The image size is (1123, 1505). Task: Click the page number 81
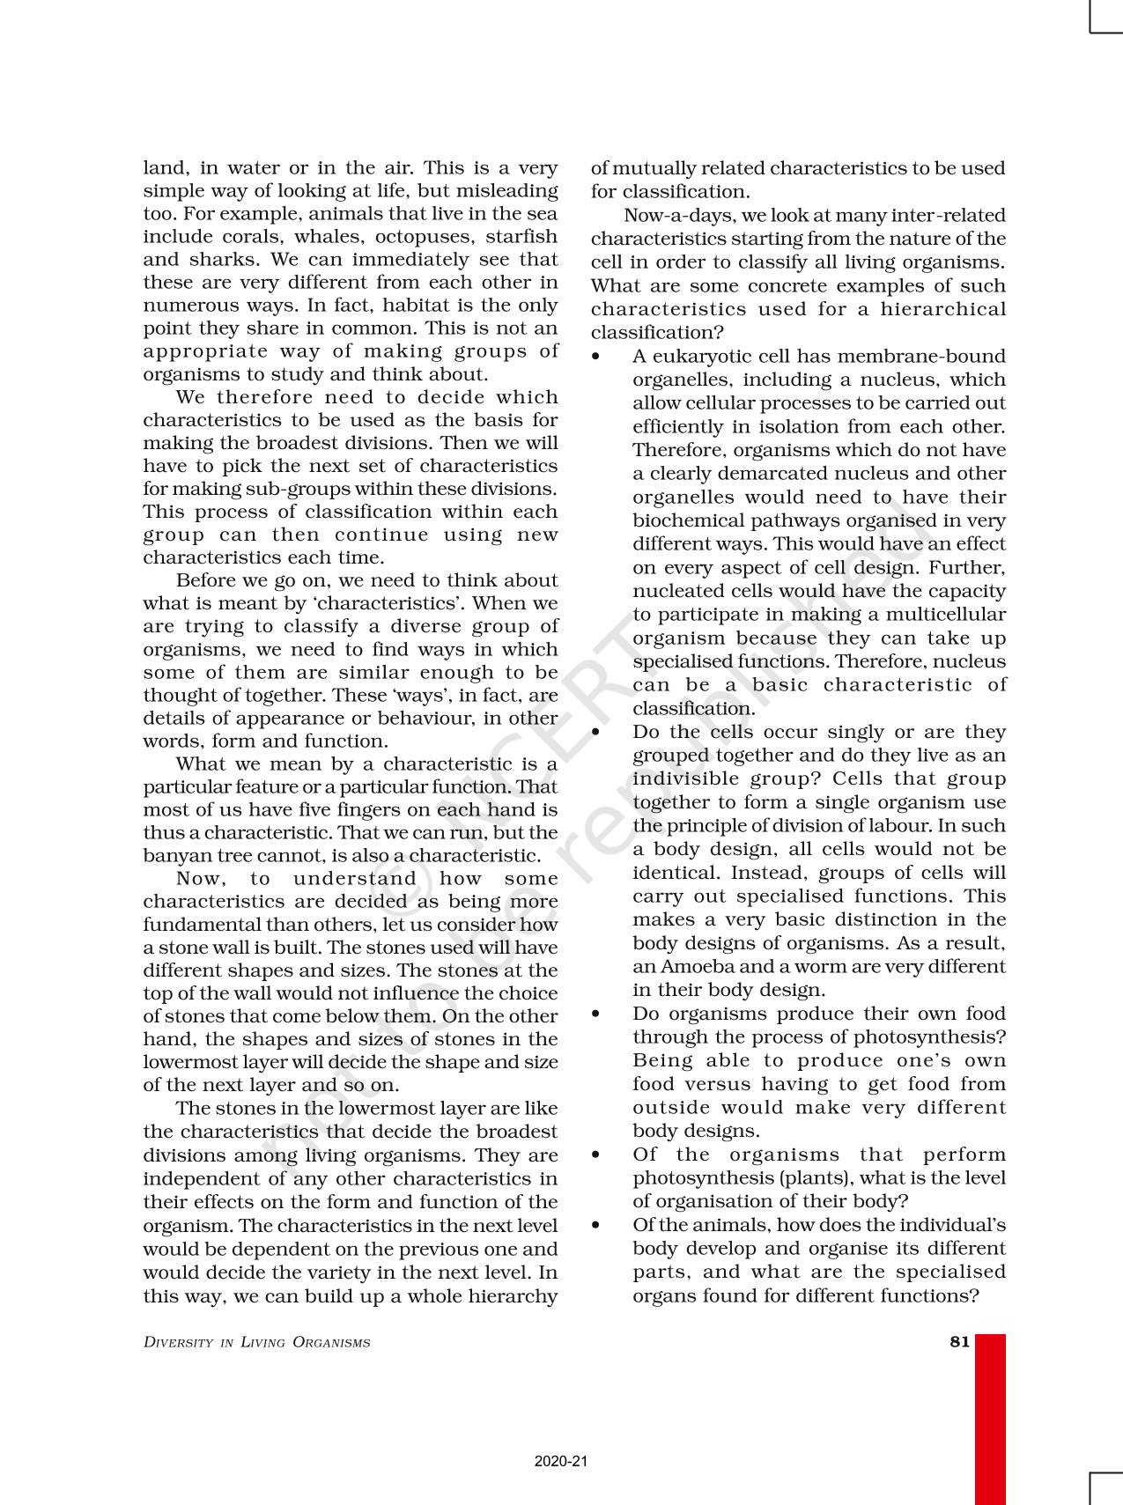pyautogui.click(x=959, y=1342)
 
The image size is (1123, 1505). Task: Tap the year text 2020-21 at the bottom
pyautogui.click(x=560, y=1461)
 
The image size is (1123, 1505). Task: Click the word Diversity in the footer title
pyautogui.click(x=178, y=1343)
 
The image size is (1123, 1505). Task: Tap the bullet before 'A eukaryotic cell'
pyautogui.click(x=596, y=357)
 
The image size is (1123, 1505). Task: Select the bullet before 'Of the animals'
pyautogui.click(x=596, y=1225)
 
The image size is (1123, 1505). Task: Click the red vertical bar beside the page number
pyautogui.click(x=990, y=1418)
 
